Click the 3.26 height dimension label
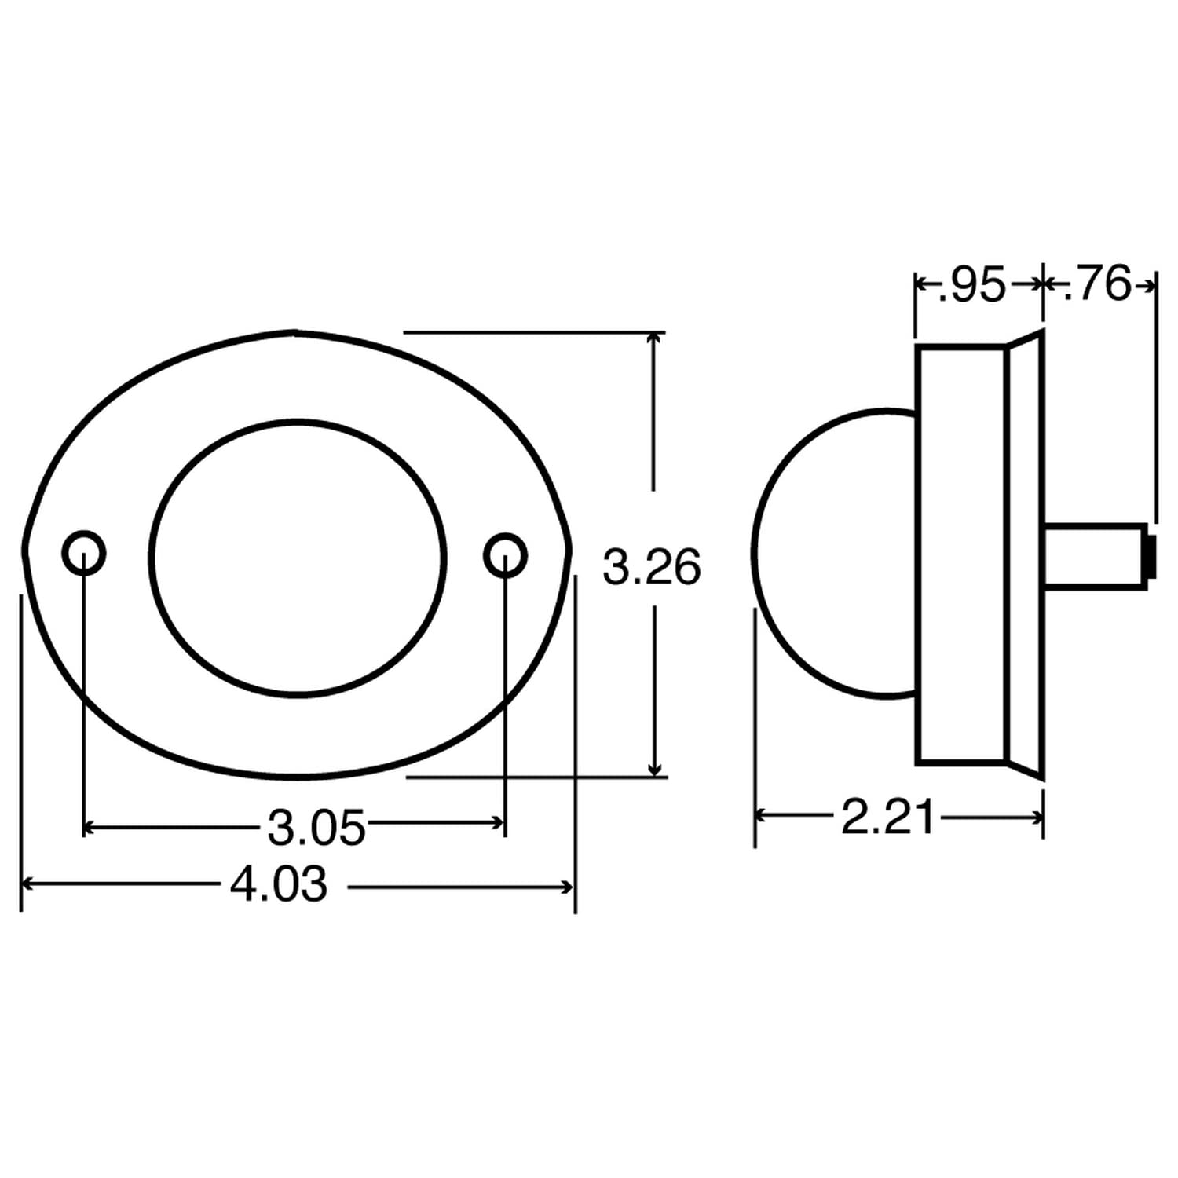651,568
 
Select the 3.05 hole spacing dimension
316,827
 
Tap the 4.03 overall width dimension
279,885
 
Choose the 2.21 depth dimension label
888,818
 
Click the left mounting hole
83,554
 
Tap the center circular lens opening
298,558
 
